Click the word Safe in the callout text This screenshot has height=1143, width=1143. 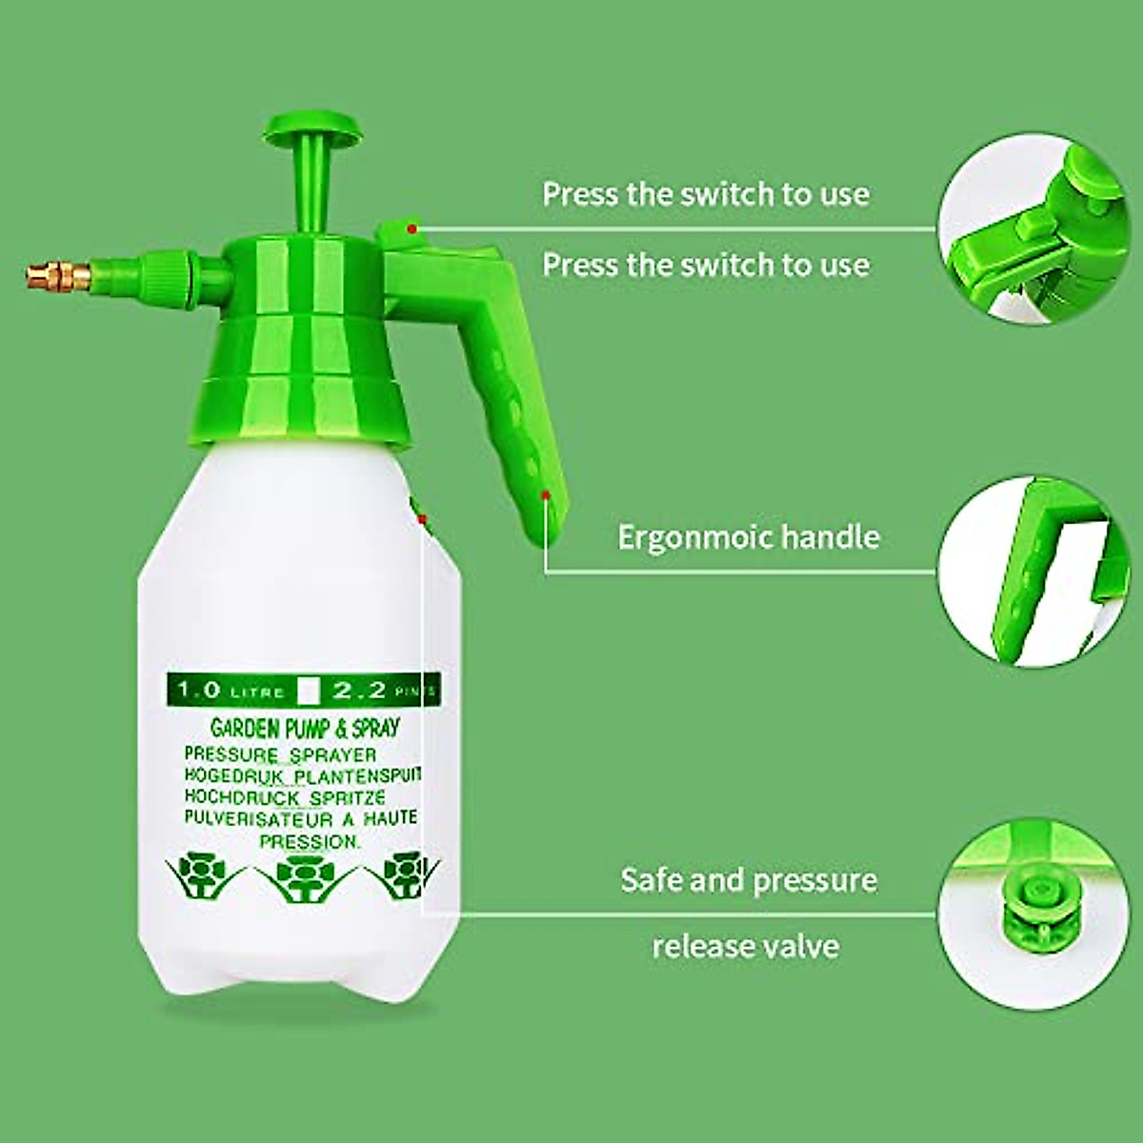click(651, 879)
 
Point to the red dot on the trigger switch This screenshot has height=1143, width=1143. click(411, 229)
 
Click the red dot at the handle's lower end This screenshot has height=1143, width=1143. click(546, 494)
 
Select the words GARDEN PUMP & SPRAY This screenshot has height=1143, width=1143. click(305, 729)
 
